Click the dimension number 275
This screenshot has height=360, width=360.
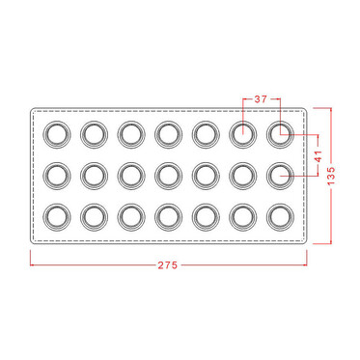(x=168, y=265)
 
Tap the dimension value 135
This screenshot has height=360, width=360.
(x=331, y=176)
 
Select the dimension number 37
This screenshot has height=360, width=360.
(x=261, y=99)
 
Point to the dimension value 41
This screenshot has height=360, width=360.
(x=318, y=155)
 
